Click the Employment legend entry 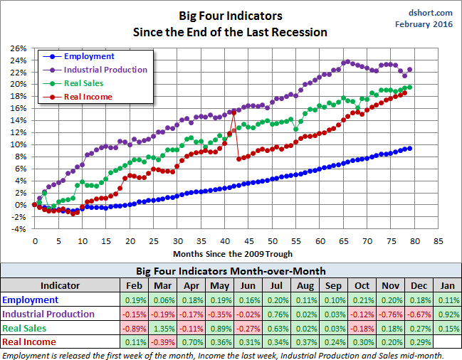point(88,56)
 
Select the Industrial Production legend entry point(105,70)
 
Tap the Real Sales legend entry point(85,83)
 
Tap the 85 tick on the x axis point(439,240)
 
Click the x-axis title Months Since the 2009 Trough point(232,253)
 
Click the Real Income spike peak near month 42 point(233,112)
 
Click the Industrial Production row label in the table point(48,314)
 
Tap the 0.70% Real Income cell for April point(192,342)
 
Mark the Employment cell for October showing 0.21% point(362,300)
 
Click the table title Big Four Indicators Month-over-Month point(231,272)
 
